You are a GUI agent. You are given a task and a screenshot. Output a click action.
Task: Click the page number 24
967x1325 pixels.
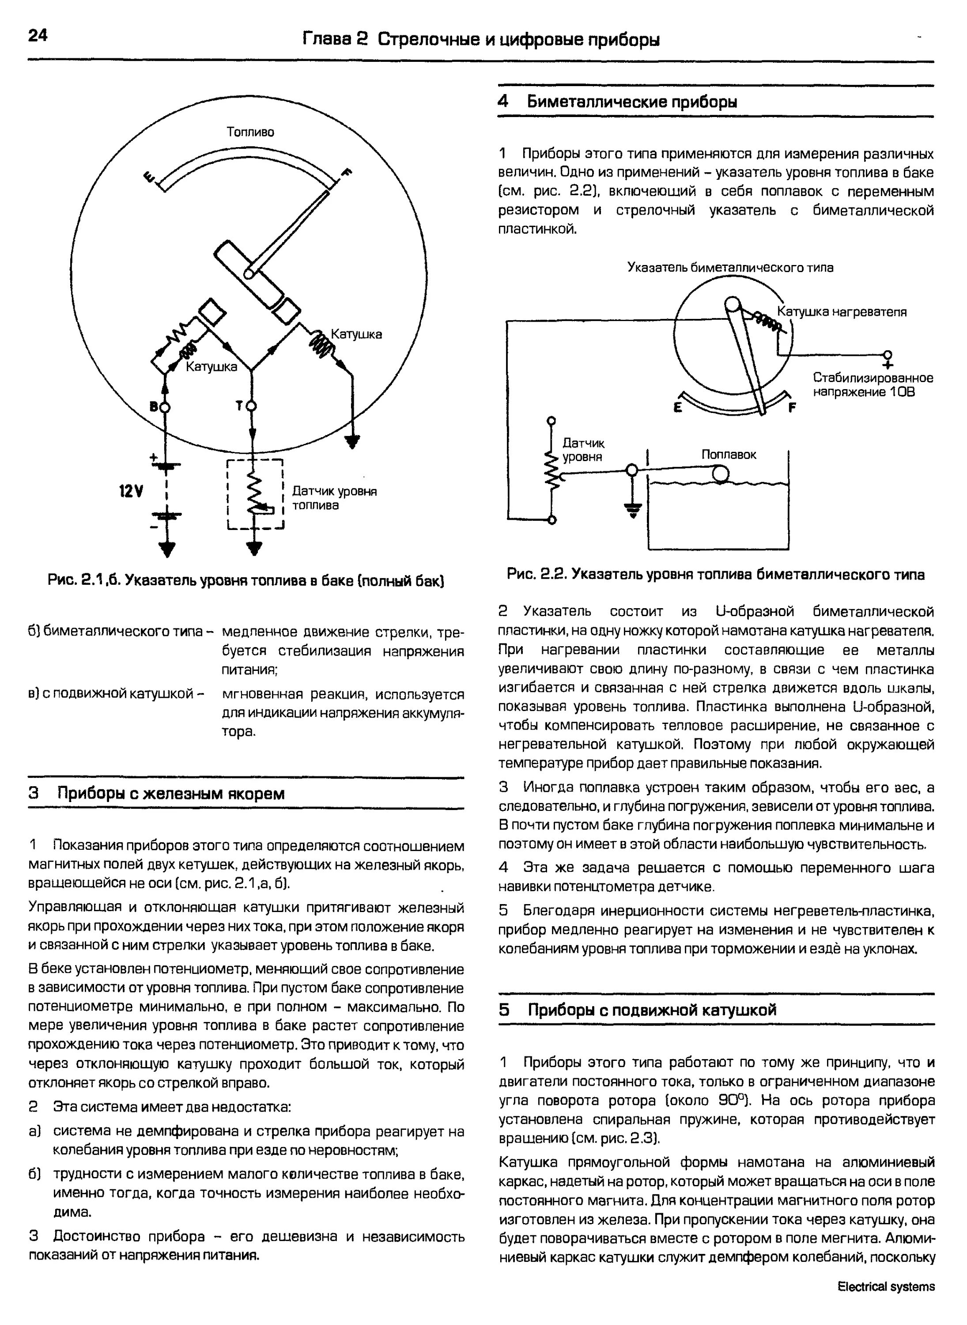38,36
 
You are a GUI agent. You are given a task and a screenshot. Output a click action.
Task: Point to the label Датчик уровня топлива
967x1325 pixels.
334,498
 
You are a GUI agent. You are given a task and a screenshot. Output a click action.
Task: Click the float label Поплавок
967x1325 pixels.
728,454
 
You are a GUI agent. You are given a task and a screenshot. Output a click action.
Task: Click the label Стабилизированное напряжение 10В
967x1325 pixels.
872,385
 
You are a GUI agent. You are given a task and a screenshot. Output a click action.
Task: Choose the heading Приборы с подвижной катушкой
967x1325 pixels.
652,1010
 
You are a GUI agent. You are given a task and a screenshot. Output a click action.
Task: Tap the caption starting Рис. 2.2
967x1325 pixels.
715,575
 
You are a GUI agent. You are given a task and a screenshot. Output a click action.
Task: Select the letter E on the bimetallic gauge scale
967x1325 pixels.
678,408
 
